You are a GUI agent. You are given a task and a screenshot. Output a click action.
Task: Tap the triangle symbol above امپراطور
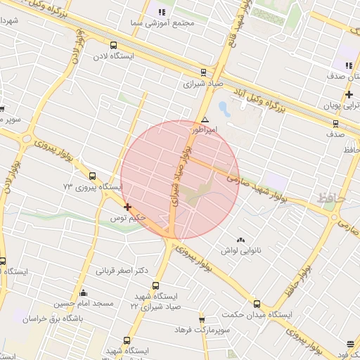pos(205,120)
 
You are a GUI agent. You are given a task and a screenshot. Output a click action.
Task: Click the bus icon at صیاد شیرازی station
pos(203,72)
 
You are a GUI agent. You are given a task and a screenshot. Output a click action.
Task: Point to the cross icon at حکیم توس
pos(127,207)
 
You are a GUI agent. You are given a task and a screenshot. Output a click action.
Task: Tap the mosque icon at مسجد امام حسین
pos(84,292)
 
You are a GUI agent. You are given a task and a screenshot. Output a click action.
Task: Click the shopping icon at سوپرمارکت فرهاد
pos(202,320)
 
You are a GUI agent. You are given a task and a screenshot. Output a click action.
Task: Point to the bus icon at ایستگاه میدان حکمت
pos(256,304)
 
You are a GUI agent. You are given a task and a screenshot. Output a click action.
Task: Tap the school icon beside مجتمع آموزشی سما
pos(161,11)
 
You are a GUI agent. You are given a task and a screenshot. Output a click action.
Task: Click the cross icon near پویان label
pos(349,94)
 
